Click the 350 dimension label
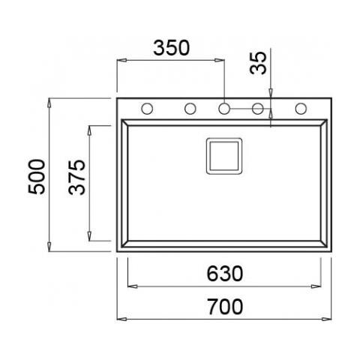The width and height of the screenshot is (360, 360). click(172, 48)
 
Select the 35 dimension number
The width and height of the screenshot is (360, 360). click(258, 63)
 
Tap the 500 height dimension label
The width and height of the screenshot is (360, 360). click(37, 177)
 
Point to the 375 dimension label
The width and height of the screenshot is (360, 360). click(76, 177)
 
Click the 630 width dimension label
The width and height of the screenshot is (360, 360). click(225, 274)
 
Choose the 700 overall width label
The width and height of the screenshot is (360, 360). click(225, 307)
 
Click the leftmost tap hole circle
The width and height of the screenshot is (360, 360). click(147, 109)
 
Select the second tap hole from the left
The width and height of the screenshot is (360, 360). click(190, 109)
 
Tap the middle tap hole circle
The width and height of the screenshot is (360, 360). click(224, 109)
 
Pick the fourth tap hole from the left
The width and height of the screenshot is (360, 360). click(258, 109)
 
